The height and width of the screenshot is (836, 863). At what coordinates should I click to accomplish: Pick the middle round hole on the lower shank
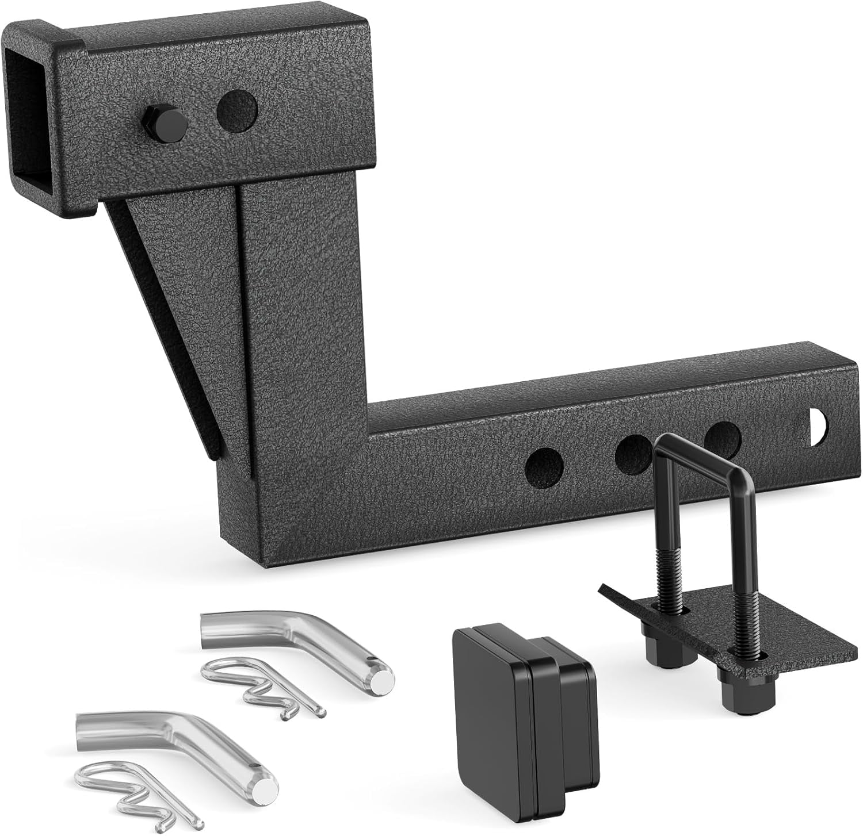coord(633,451)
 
